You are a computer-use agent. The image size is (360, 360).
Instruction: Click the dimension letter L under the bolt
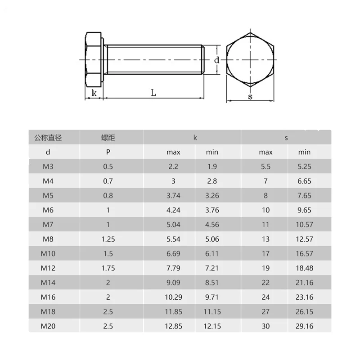pos(153,93)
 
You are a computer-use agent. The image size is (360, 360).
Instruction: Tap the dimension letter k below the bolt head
pos(94,93)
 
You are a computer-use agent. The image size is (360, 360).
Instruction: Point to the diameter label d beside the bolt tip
pos(217,60)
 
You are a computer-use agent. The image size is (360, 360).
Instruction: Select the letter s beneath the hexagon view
pos(250,97)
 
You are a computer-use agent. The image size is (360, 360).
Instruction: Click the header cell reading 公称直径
pos(48,138)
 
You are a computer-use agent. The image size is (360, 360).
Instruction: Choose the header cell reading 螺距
pos(108,138)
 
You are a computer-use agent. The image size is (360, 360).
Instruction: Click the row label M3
pos(48,166)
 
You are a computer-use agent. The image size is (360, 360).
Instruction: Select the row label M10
pos(48,253)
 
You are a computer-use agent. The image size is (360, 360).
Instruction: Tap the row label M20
pos(48,326)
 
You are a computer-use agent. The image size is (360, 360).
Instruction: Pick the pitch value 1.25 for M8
pos(108,239)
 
